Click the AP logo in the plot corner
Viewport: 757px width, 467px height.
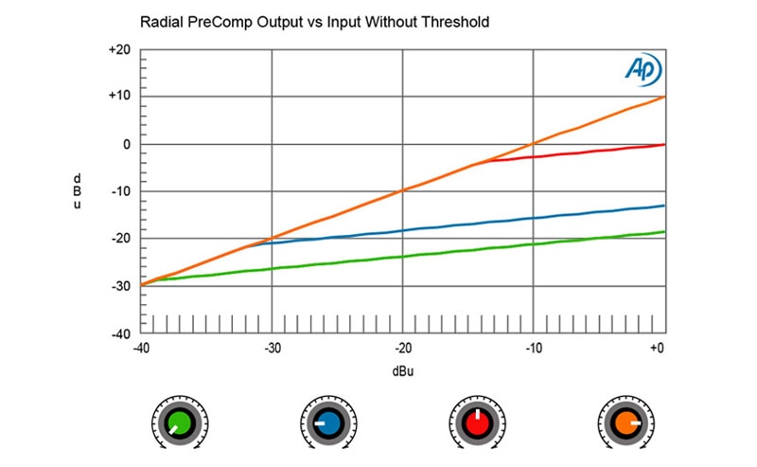(643, 68)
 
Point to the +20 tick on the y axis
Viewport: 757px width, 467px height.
(119, 50)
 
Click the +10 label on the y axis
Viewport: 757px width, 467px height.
(119, 97)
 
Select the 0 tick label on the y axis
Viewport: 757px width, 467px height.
(125, 144)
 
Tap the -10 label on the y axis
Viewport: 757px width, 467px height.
(120, 191)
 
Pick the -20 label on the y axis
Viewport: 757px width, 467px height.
(120, 238)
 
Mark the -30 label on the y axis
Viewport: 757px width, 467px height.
(120, 285)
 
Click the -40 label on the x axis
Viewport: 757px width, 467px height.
(142, 348)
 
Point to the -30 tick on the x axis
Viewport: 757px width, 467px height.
(273, 348)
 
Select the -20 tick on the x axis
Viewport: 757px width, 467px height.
(403, 348)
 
